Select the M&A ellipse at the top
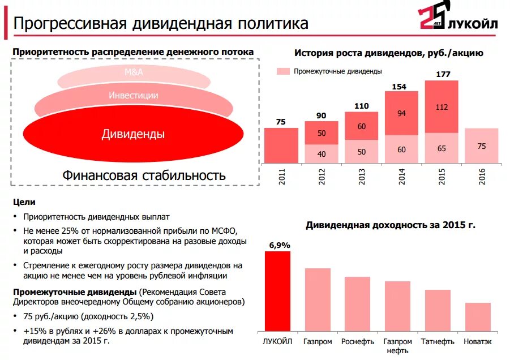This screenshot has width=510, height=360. [x=134, y=72]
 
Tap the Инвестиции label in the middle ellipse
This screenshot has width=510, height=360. [x=134, y=96]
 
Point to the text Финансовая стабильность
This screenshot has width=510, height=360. [x=144, y=175]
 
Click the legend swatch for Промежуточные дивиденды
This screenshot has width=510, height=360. [x=283, y=71]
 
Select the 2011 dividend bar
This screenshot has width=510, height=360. [x=281, y=145]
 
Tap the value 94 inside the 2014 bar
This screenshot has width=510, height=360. [x=401, y=113]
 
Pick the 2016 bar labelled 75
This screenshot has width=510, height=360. [x=482, y=145]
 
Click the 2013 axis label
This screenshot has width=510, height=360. [x=362, y=177]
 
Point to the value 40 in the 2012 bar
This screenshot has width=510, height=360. [x=321, y=153]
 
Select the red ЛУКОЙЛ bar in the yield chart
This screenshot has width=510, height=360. [x=277, y=292]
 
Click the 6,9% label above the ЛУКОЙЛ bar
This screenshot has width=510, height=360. [x=279, y=245]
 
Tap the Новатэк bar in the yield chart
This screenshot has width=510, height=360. [x=478, y=317]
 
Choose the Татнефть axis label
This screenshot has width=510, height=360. [x=438, y=342]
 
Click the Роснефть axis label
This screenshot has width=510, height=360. [x=357, y=342]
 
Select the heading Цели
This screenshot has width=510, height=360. [x=24, y=202]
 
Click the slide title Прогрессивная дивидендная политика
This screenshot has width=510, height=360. [x=161, y=24]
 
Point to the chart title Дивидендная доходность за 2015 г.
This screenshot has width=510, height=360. [x=391, y=225]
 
